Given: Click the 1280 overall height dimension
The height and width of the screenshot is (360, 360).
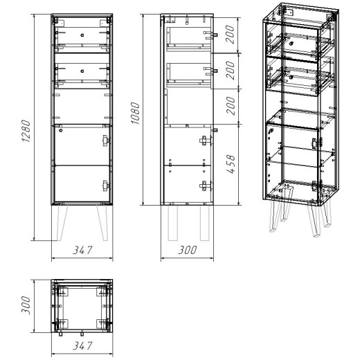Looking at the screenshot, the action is (x=26, y=131).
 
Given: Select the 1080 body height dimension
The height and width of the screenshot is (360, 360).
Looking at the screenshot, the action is (x=136, y=113).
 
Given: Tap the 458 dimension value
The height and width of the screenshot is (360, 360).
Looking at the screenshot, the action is (x=231, y=164).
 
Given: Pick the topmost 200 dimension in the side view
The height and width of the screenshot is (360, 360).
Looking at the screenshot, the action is (x=230, y=35).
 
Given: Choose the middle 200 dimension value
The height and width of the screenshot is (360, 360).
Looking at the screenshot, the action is (x=230, y=71).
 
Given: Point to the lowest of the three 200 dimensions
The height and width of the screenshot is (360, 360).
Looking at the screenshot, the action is (x=231, y=106).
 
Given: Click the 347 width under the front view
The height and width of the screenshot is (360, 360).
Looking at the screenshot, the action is (x=82, y=250).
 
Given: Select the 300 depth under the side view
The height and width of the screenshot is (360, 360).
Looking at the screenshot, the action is (x=188, y=250).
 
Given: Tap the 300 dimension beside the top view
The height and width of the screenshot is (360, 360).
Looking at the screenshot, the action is (x=26, y=305).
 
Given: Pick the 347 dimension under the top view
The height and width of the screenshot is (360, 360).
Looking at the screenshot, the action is (x=82, y=345).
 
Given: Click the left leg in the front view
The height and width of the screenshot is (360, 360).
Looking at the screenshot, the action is (x=61, y=223).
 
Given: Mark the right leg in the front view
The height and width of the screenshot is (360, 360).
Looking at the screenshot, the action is (x=103, y=223).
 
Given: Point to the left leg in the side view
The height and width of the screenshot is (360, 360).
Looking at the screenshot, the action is (x=173, y=223).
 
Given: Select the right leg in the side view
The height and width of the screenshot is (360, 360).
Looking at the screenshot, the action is (x=205, y=223).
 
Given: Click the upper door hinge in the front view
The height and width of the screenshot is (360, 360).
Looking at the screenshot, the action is (x=106, y=141).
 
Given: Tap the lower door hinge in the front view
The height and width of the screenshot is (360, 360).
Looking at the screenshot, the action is (x=106, y=186).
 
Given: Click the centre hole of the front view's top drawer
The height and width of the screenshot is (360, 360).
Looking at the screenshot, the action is (x=82, y=35).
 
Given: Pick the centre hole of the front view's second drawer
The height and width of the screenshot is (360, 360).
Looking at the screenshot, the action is (x=82, y=71).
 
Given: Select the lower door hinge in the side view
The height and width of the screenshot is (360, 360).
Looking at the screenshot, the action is (x=206, y=186).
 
